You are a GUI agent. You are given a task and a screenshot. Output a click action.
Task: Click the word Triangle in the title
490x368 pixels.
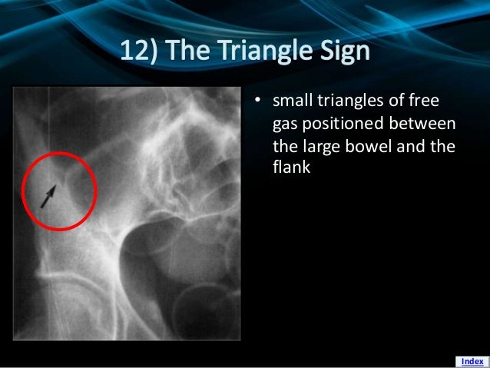[264, 53]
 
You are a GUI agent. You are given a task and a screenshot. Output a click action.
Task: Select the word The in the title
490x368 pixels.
[192, 53]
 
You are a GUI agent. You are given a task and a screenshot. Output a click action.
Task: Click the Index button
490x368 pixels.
[472, 361]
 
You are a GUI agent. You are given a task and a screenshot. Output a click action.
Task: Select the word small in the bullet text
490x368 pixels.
[293, 103]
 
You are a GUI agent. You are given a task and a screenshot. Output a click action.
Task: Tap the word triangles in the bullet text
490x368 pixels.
[356, 103]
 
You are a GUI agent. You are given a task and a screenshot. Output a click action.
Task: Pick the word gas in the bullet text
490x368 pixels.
[285, 125]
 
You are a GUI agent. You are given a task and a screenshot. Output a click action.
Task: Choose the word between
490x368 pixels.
[425, 124]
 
